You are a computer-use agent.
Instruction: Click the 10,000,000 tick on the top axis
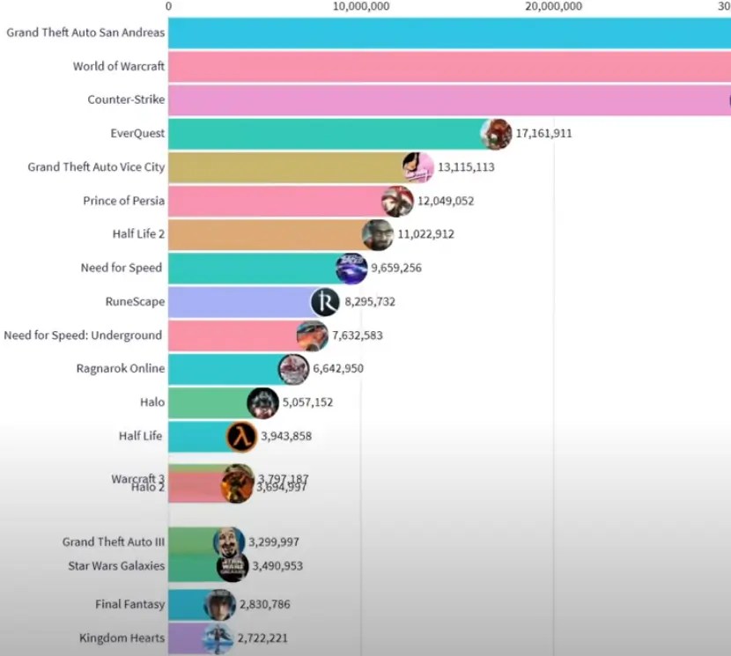(x=360, y=6)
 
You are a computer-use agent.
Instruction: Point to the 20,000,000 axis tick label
(x=553, y=6)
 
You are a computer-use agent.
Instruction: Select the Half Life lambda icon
(x=241, y=436)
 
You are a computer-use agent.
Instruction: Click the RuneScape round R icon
(x=325, y=302)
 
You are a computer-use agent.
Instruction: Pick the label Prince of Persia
(x=123, y=201)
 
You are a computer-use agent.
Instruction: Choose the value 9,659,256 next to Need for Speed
(x=395, y=268)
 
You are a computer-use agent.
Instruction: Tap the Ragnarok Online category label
(x=120, y=369)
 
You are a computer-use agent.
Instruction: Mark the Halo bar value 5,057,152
(x=307, y=402)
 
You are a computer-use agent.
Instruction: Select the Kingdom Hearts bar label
(x=122, y=638)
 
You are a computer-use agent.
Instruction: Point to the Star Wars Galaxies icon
(x=233, y=566)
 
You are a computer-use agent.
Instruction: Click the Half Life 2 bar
(x=264, y=234)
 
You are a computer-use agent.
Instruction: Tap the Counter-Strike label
(x=126, y=100)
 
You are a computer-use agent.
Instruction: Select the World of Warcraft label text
(x=119, y=66)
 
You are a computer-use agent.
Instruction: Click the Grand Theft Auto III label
(x=113, y=542)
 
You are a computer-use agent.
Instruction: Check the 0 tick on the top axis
(x=168, y=6)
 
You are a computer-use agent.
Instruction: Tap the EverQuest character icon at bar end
(x=496, y=134)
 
